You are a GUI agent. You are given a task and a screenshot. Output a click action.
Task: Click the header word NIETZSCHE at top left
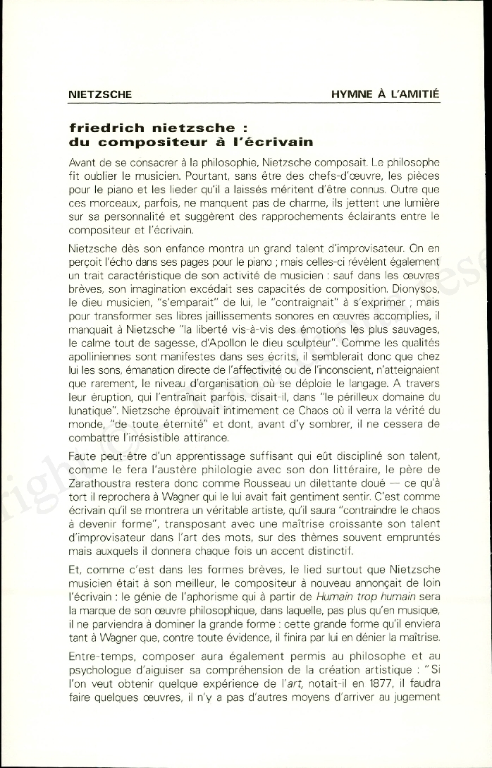[101, 94]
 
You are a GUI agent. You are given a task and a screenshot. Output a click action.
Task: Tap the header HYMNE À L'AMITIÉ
[386, 94]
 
